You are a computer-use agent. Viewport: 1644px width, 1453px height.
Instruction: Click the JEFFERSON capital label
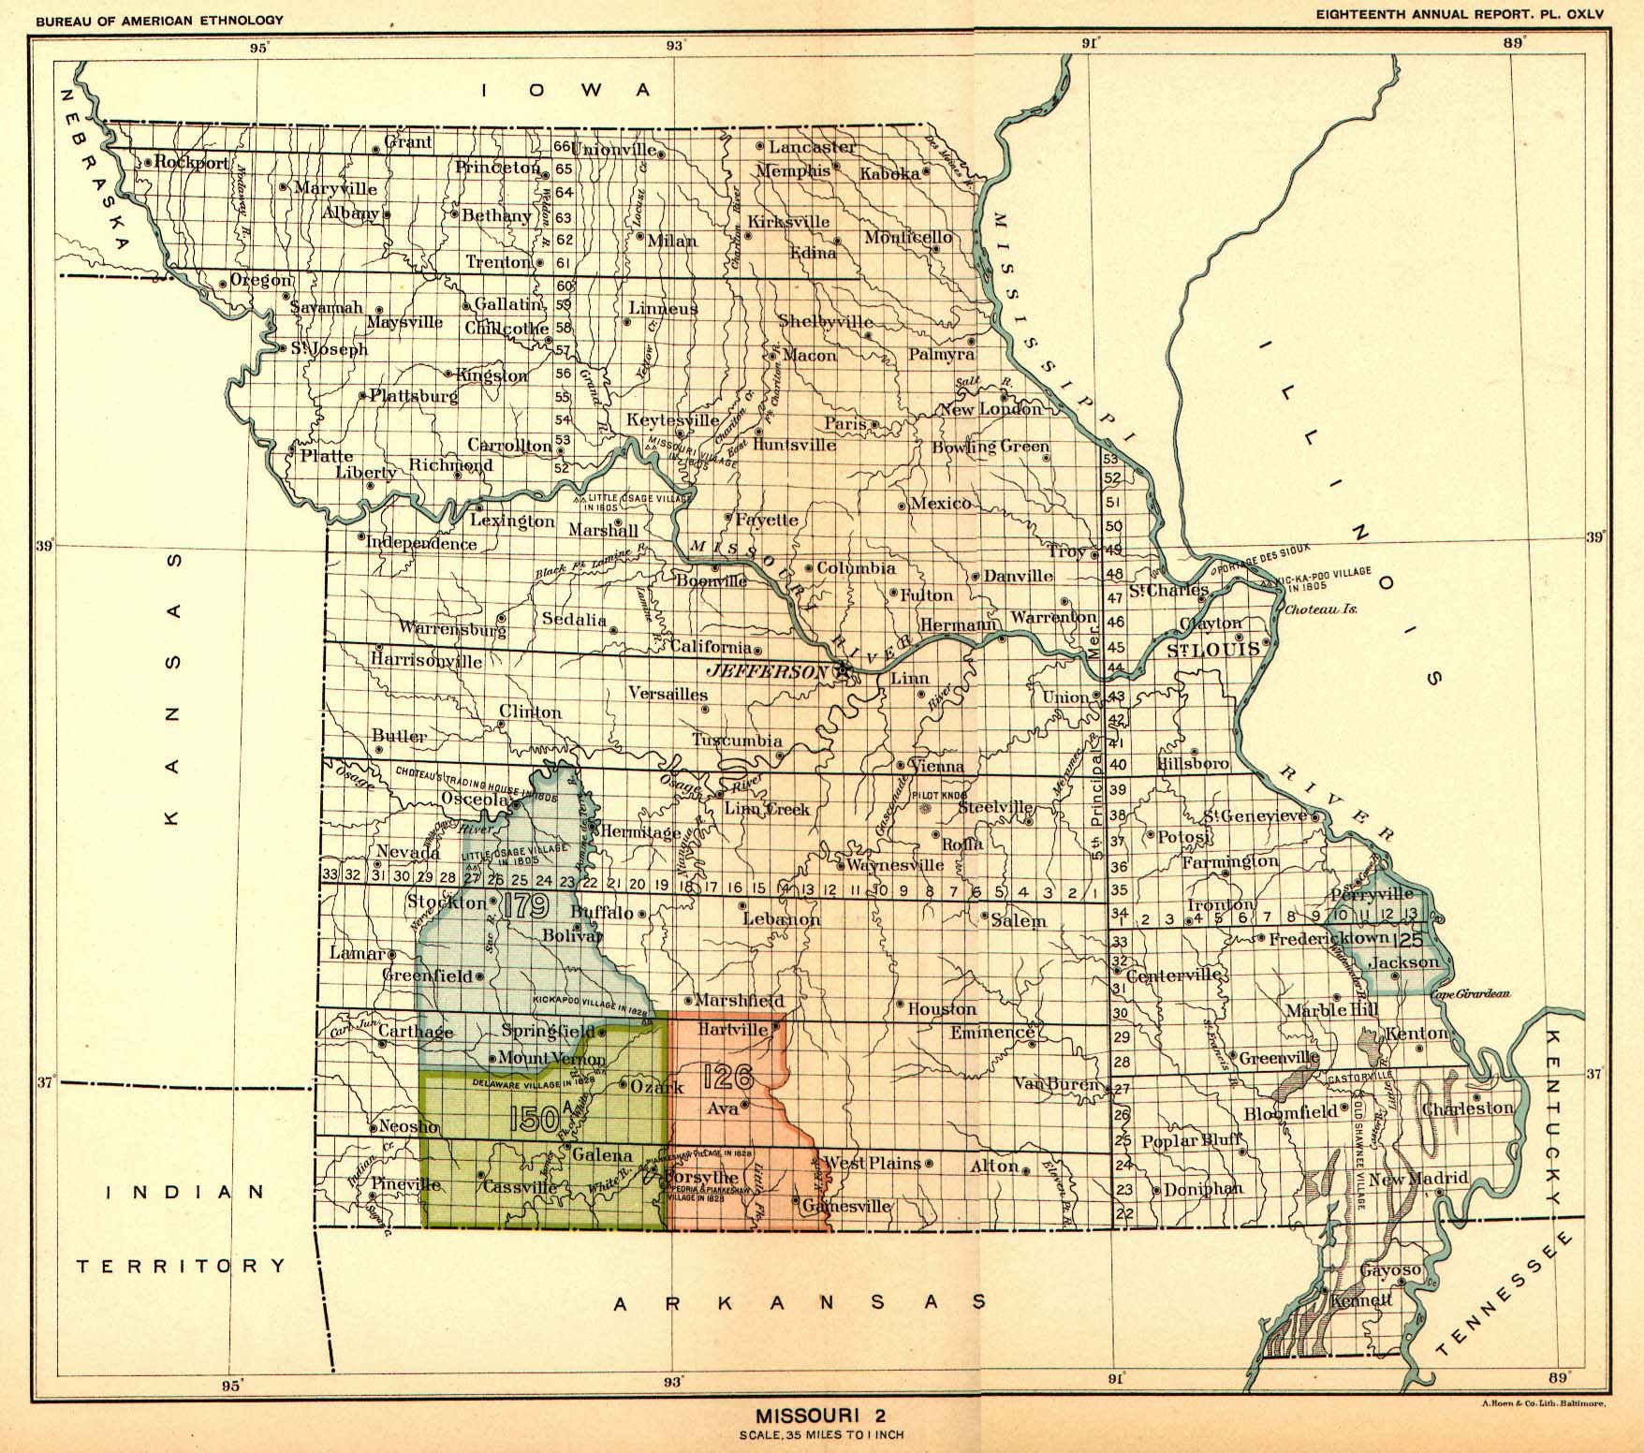pos(767,671)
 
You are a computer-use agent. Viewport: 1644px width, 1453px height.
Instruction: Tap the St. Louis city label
pos(1213,650)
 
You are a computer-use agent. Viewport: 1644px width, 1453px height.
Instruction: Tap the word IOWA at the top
pos(565,90)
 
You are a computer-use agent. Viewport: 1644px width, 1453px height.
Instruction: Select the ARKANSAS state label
pos(800,1302)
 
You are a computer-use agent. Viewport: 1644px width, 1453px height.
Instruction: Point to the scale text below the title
pos(821,1435)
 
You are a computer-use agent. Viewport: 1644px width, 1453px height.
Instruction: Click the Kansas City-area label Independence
pos(421,543)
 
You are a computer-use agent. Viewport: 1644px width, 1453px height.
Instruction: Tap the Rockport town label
pos(192,162)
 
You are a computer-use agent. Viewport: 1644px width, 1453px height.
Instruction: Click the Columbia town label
pos(856,568)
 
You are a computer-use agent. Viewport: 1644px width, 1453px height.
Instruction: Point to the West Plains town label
pos(872,1164)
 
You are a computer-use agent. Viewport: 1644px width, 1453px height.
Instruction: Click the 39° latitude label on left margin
pos(44,545)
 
